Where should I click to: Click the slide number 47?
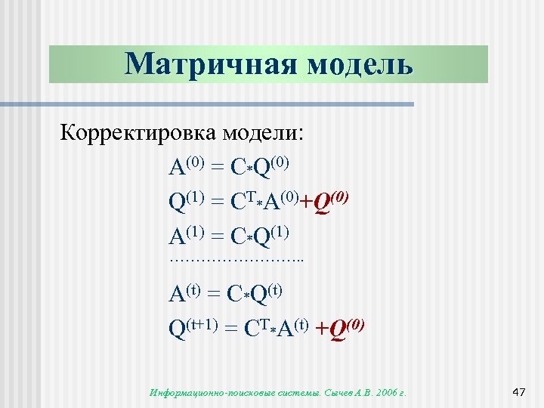518,391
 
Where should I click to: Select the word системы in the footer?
297,392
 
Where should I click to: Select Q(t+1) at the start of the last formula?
193,329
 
